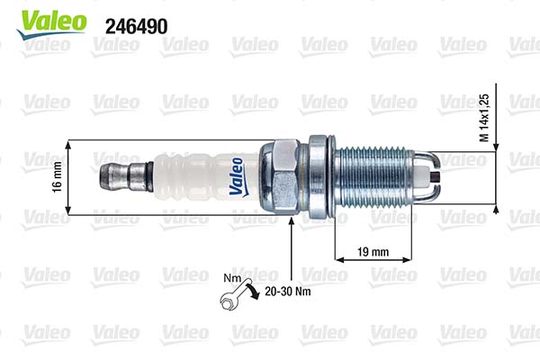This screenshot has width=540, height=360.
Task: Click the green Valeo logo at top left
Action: (x=42, y=22)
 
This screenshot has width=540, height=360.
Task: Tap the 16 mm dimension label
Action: (x=56, y=177)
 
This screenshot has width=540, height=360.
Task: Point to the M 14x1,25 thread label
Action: (x=485, y=117)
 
